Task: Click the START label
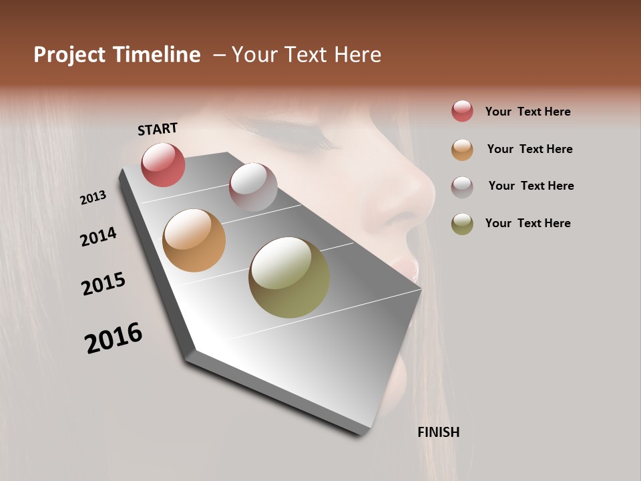pyautogui.click(x=158, y=129)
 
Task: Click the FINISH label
pyautogui.click(x=438, y=432)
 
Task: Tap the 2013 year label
pyautogui.click(x=93, y=198)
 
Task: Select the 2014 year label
pyautogui.click(x=98, y=236)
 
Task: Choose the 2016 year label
pyautogui.click(x=114, y=338)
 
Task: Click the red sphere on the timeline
pyautogui.click(x=163, y=164)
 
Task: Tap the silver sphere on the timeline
pyautogui.click(x=253, y=186)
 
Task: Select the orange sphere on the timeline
pyautogui.click(x=194, y=240)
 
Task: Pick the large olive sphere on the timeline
pyautogui.click(x=289, y=277)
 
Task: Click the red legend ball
pyautogui.click(x=462, y=111)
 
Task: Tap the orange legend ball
pyautogui.click(x=462, y=150)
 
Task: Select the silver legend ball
pyautogui.click(x=462, y=186)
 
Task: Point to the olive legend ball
pyautogui.click(x=462, y=224)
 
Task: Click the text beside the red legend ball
pyautogui.click(x=527, y=112)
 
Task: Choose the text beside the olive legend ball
pyautogui.click(x=527, y=223)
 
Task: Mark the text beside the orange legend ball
pyautogui.click(x=529, y=149)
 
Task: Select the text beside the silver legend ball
pyautogui.click(x=531, y=186)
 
